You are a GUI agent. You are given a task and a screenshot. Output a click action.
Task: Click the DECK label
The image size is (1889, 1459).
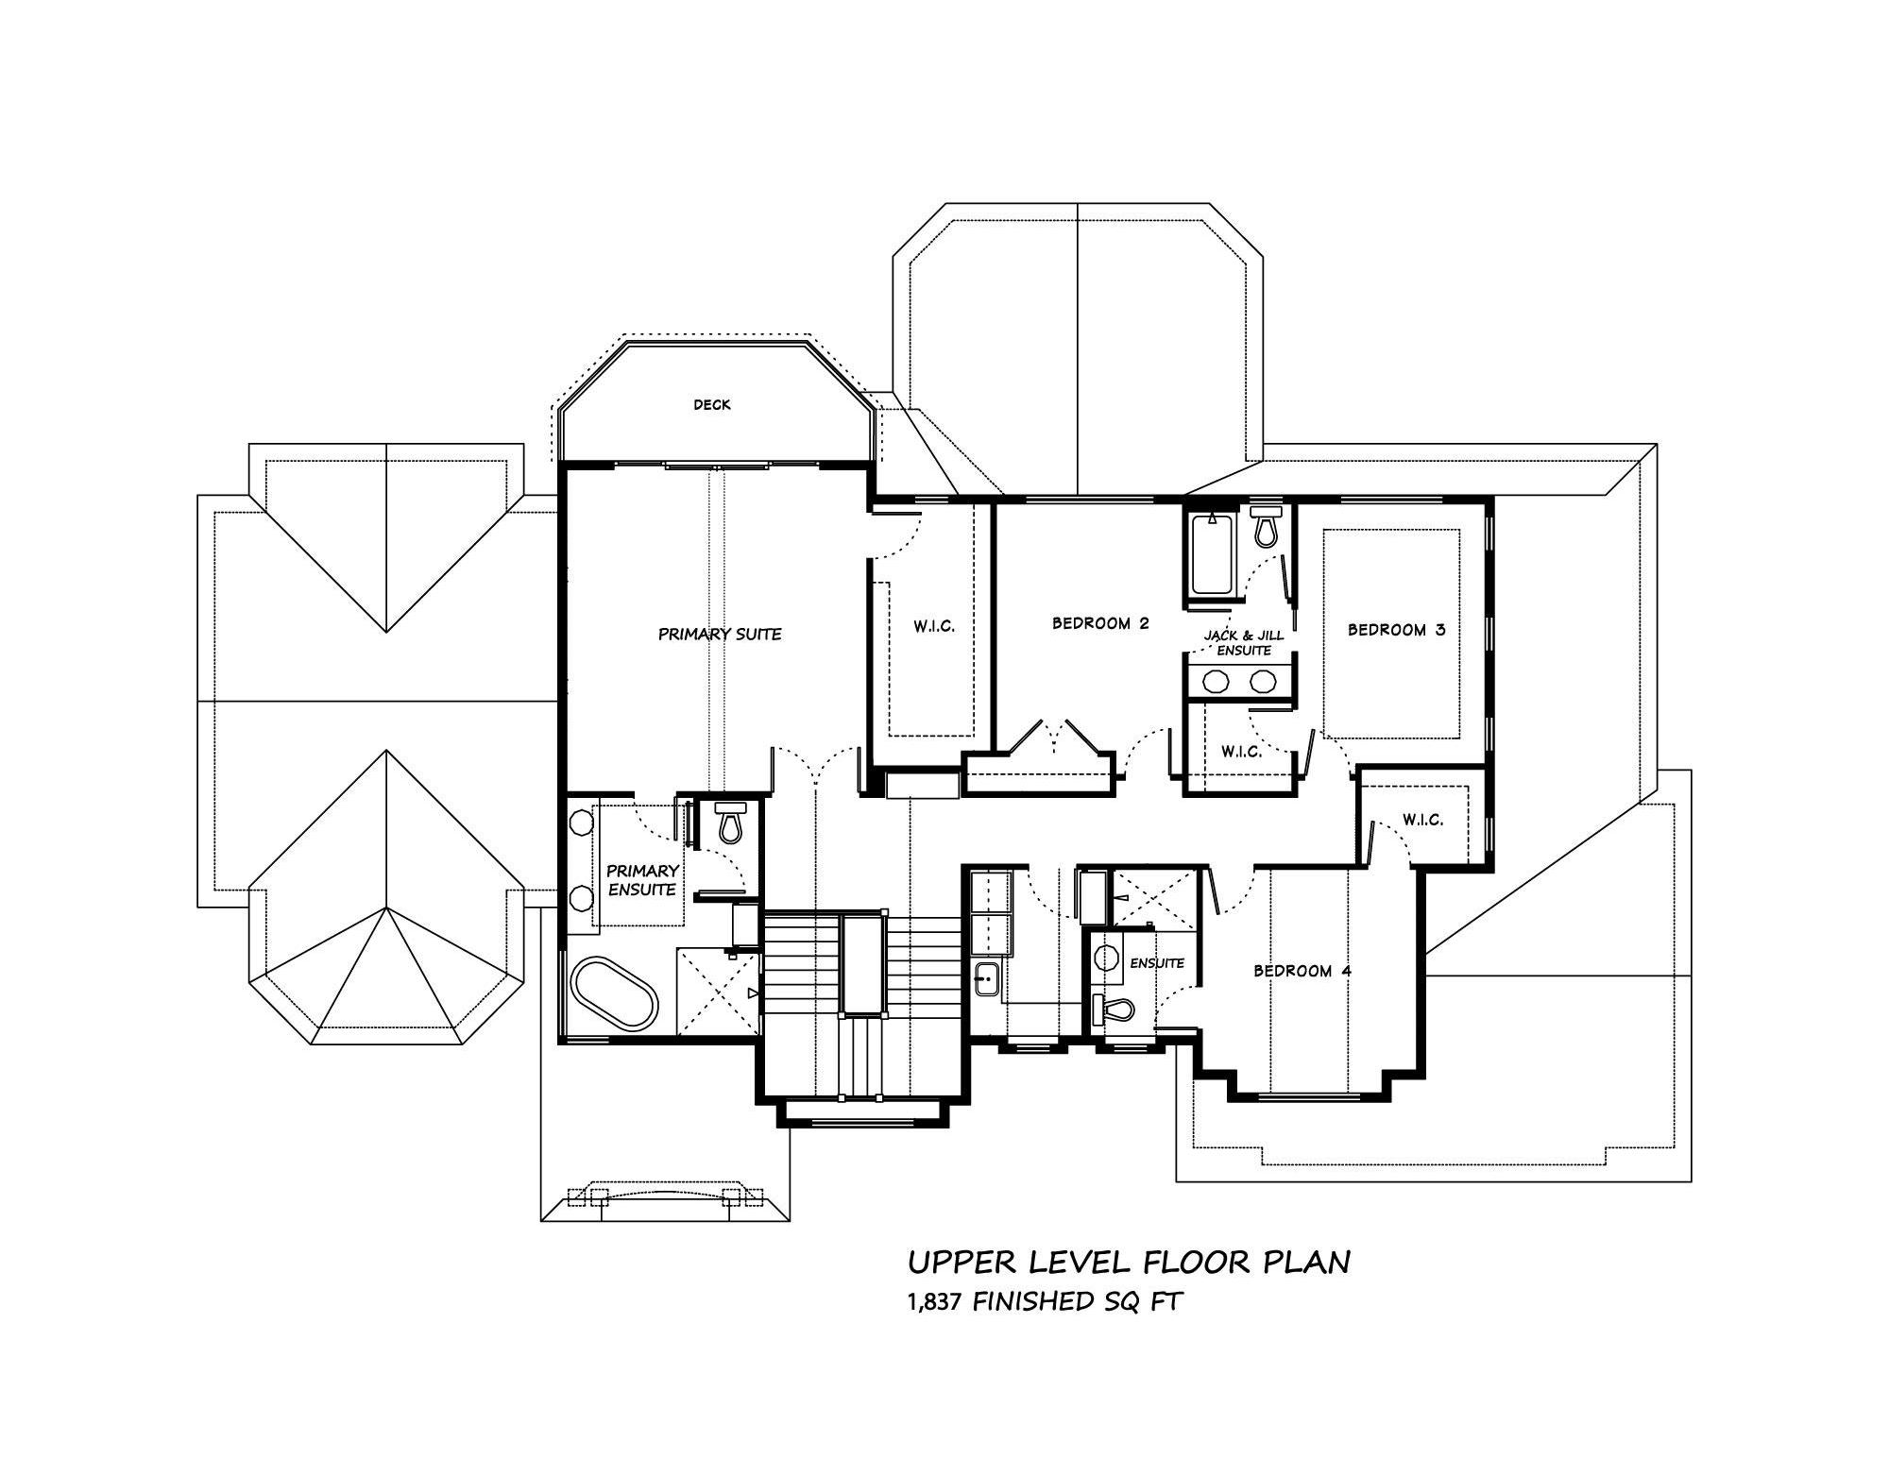[x=711, y=405]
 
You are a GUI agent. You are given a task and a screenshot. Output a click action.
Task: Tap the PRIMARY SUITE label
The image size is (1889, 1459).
[x=720, y=635]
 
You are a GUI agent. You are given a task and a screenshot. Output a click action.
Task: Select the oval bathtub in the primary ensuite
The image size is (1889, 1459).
[x=614, y=993]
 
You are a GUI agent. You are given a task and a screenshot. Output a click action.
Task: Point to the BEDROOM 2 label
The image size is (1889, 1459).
[x=1100, y=623]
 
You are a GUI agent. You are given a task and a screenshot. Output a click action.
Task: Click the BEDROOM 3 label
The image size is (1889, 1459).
[x=1396, y=630]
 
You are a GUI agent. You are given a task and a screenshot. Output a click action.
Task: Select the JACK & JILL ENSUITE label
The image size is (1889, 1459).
[x=1244, y=643]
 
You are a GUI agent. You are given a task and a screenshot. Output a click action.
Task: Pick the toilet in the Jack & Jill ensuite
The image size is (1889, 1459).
[x=1265, y=527]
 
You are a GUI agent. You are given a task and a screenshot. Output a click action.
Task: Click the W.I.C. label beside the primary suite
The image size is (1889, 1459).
[x=934, y=626]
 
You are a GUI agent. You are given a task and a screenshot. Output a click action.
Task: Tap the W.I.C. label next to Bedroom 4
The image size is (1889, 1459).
[x=1422, y=820]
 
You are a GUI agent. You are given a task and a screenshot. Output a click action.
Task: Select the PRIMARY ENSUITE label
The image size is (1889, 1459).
[x=642, y=880]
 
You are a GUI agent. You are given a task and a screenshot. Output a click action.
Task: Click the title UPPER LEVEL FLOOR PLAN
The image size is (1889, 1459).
[x=1129, y=1263]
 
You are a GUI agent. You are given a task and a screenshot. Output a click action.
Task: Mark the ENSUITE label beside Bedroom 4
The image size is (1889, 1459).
[x=1157, y=963]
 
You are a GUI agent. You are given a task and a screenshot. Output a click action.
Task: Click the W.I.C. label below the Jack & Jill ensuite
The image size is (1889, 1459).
[x=1240, y=752]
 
